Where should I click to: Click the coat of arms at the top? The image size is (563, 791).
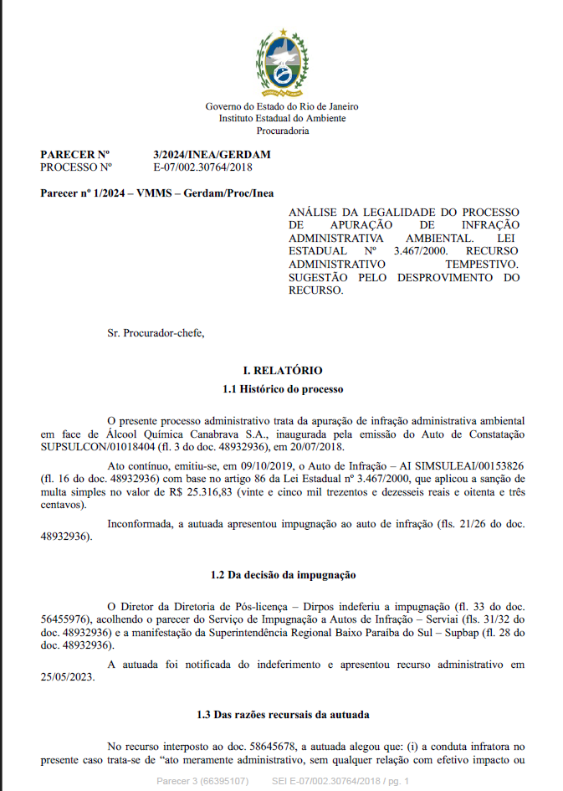[282, 61]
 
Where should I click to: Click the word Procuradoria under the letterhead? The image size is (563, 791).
[282, 131]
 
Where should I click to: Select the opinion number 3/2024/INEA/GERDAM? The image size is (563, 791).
[212, 155]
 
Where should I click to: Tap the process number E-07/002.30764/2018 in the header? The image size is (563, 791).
[202, 167]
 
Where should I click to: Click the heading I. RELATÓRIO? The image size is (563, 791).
[282, 370]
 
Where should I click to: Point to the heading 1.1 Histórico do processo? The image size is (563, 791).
[282, 389]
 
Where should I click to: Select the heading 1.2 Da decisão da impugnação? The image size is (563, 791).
[282, 575]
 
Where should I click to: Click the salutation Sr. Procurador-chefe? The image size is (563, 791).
[156, 333]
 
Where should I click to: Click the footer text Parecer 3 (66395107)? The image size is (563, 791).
[202, 780]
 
